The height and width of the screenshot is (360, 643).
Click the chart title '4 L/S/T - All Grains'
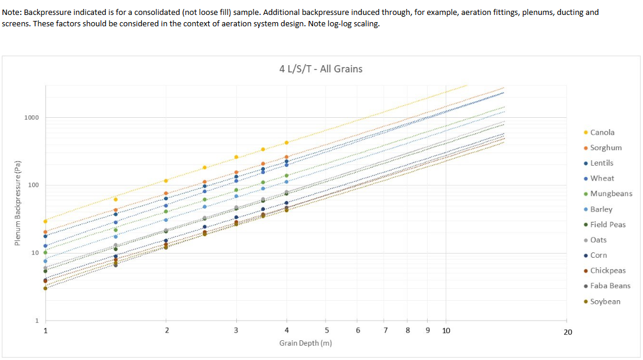click(x=321, y=69)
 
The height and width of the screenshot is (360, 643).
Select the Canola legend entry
click(x=602, y=132)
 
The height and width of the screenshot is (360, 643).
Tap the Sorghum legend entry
click(x=605, y=148)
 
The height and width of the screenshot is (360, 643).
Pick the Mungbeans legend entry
click(x=611, y=194)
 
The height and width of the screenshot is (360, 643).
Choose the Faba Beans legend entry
click(x=610, y=286)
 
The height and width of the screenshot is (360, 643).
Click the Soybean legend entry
click(x=605, y=301)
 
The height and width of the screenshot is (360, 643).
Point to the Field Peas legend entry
click(x=608, y=224)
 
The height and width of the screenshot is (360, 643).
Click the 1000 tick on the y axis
click(x=32, y=117)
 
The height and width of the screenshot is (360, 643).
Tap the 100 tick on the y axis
click(x=33, y=185)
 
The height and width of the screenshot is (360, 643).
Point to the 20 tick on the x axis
click(x=568, y=331)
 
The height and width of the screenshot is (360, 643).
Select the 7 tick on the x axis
click(x=386, y=330)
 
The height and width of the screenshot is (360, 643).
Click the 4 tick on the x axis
click(x=287, y=330)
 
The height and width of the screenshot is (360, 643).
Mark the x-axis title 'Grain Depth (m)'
click(x=306, y=343)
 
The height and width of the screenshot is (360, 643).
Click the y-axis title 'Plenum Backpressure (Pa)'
click(x=18, y=204)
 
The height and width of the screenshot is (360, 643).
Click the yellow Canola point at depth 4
click(x=287, y=142)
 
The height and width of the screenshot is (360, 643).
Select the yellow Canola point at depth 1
click(x=45, y=221)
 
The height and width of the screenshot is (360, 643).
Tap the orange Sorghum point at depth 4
click(x=287, y=157)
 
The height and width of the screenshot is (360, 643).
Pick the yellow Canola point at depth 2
click(x=166, y=181)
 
